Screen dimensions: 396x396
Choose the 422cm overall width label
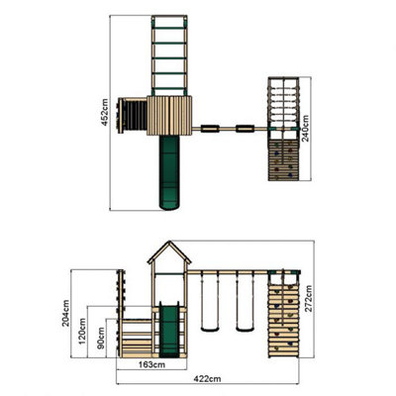pyautogui.click(x=207, y=379)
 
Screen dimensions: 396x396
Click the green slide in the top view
pyautogui.click(x=169, y=173)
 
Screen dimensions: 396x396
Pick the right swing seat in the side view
pyautogui.click(x=244, y=326)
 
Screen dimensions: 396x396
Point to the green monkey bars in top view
pyautogui.click(x=168, y=54)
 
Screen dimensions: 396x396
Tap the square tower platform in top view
pyautogui.click(x=168, y=113)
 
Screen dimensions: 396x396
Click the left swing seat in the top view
pyautogui.click(x=210, y=127)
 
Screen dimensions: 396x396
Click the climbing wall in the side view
pyautogui.click(x=282, y=317)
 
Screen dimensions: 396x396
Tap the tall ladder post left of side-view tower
pyautogui.click(x=124, y=297)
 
